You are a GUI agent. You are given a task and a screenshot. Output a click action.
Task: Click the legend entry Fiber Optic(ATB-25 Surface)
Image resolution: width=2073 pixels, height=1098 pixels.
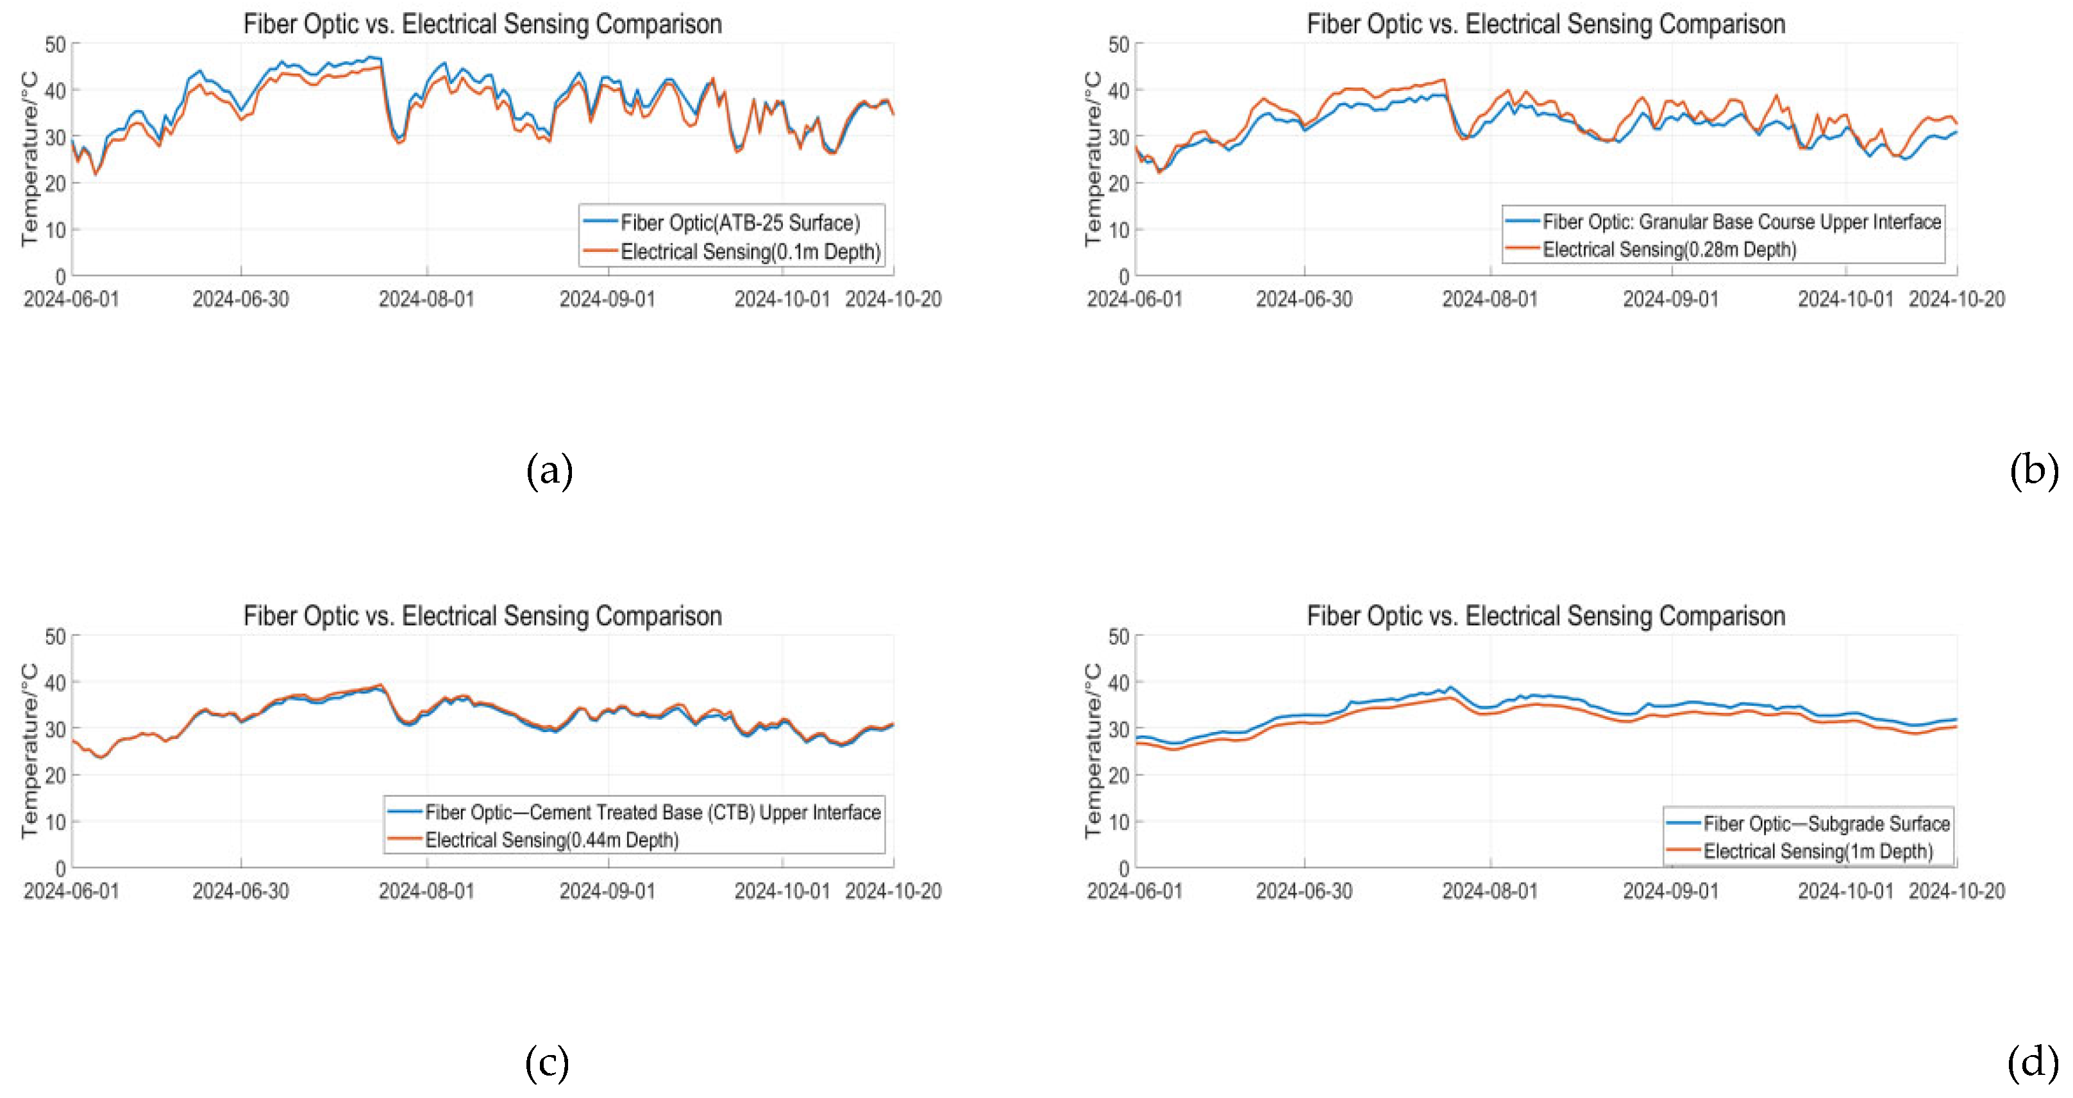[739, 223]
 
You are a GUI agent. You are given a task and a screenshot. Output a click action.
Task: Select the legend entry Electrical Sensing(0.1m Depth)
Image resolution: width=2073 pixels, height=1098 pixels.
[750, 252]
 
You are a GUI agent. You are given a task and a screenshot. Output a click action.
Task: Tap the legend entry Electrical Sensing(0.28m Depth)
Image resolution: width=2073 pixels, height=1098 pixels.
[1669, 249]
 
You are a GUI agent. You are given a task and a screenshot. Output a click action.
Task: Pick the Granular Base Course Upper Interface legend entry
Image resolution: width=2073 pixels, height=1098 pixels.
[1741, 221]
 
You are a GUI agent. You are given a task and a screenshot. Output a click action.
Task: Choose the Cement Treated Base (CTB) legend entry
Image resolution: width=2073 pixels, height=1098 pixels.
[652, 812]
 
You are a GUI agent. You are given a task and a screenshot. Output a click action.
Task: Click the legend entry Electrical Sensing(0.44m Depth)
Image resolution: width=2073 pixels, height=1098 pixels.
[551, 840]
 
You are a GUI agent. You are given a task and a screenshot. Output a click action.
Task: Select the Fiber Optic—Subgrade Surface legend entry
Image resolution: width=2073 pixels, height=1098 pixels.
[1826, 824]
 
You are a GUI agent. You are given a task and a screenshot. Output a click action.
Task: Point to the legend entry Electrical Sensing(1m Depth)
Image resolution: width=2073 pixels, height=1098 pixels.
[1817, 851]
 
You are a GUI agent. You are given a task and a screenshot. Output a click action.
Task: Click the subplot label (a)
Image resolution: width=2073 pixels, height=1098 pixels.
[549, 470]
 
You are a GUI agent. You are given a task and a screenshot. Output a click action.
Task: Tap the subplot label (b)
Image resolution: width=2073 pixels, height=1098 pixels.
[2033, 470]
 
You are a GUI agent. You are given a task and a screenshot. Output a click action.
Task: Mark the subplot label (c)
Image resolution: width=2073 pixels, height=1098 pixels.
[547, 1063]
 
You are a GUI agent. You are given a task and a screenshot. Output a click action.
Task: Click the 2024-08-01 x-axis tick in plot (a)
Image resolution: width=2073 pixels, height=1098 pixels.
[426, 299]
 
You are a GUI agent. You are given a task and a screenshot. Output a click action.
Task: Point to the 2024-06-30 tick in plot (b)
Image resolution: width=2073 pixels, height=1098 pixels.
[1304, 299]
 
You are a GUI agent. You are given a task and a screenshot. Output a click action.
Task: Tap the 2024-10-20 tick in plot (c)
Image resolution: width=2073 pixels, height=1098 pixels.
[893, 891]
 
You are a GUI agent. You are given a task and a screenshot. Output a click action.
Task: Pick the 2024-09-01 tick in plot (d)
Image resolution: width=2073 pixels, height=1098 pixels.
[1670, 891]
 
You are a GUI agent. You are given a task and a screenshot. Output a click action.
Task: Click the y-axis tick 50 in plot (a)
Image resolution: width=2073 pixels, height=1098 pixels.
[56, 44]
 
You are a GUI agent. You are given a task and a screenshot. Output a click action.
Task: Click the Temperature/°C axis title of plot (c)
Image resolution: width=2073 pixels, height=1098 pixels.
[29, 751]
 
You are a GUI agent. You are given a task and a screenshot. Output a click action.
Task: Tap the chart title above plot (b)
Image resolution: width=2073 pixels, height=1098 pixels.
[1545, 24]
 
